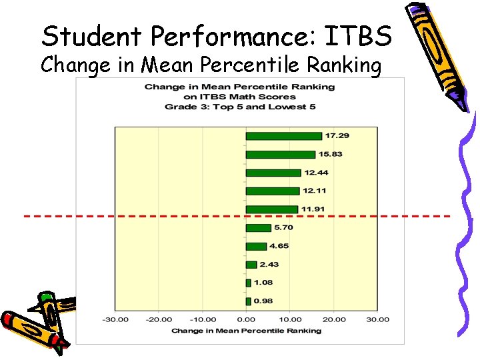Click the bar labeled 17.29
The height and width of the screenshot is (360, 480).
coord(283,136)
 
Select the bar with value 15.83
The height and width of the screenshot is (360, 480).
coord(280,155)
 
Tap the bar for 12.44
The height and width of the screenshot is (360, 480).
coord(273,173)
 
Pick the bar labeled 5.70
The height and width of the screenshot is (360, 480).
coord(258,228)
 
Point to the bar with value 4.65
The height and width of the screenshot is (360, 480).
coord(256,246)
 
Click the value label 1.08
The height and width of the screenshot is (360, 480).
coord(264,283)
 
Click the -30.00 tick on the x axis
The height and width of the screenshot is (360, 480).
coord(115,319)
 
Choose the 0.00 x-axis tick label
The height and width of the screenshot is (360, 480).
coord(246,319)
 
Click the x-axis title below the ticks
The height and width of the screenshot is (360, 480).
coord(246,331)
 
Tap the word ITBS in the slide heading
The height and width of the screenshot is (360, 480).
coord(361,36)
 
